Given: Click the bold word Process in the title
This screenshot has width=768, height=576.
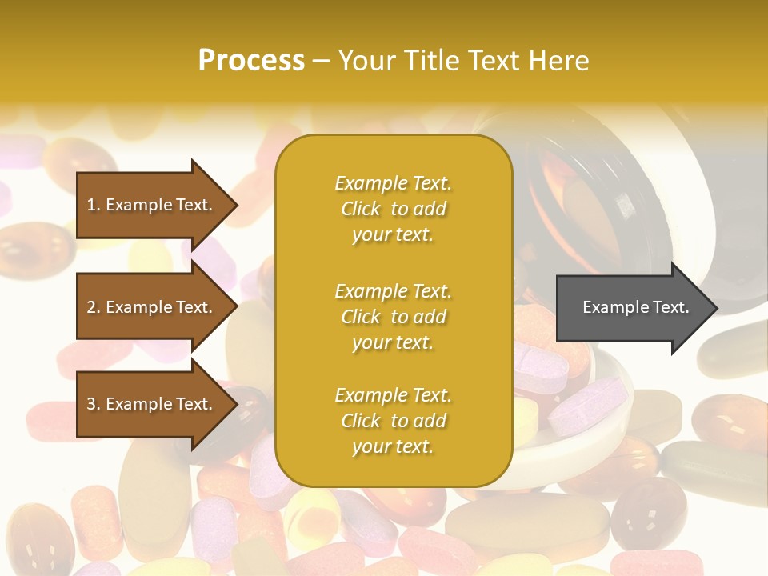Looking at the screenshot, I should [251, 61].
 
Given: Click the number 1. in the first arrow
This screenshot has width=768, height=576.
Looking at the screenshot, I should [94, 205].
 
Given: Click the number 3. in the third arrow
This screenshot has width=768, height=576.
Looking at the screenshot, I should [94, 404].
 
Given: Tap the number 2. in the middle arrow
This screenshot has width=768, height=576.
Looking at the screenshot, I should [94, 307].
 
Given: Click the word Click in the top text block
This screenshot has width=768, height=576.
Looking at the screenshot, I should [360, 209].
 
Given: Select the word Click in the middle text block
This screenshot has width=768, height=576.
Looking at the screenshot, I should [360, 317].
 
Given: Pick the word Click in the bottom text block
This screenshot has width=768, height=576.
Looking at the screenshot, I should [360, 421].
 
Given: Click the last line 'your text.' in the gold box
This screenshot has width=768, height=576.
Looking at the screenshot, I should [393, 446].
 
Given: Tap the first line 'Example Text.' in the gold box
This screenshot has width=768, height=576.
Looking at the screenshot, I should [393, 183].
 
